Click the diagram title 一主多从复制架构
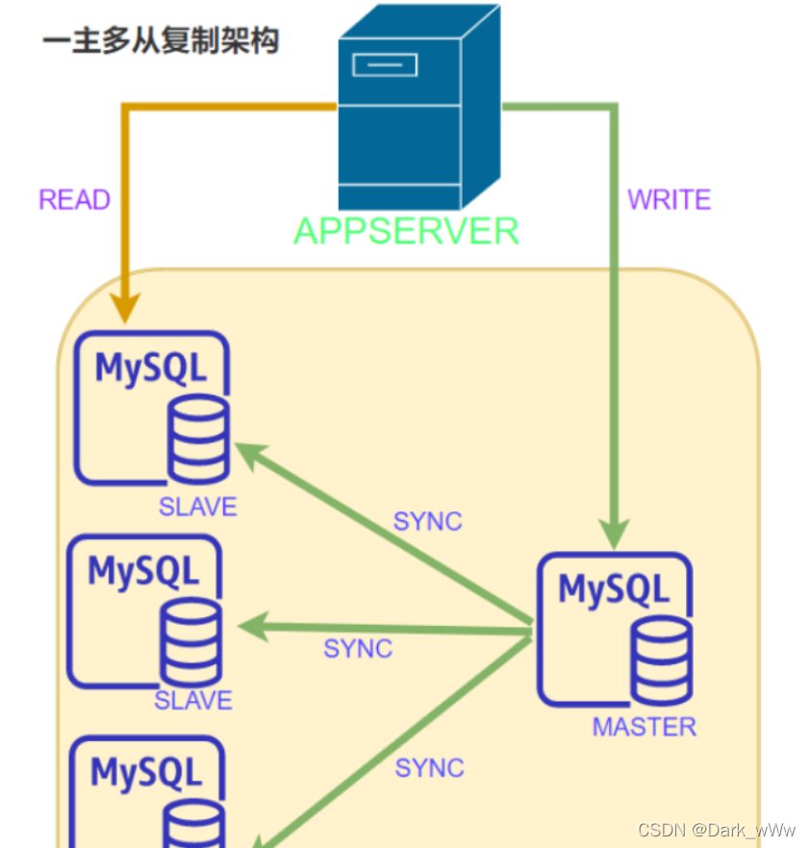coord(161,42)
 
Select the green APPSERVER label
coord(406,232)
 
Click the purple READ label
coord(74,200)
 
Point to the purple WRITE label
coord(670,200)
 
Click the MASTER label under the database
coord(644,727)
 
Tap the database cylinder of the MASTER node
coord(661,660)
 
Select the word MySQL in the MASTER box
coord(614,588)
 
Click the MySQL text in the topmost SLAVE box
coord(151,368)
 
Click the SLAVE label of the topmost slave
coord(197,508)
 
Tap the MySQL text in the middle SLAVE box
coord(143,570)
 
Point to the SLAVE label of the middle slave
coord(193,701)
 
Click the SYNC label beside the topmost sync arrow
coord(427,521)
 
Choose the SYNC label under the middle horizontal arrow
coord(358,649)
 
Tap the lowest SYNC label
coord(429,768)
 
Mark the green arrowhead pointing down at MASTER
coord(615,532)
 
